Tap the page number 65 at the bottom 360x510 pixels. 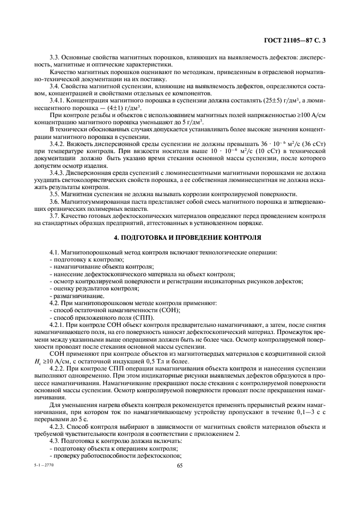[180, 465]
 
